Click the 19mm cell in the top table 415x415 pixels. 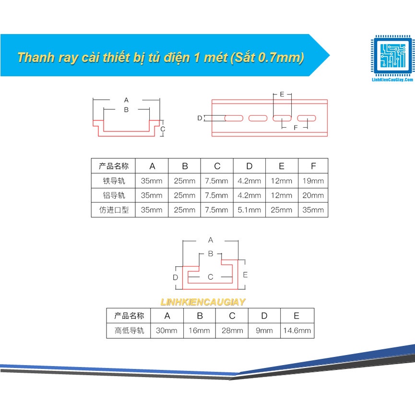click(313, 181)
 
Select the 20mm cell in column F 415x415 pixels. click(313, 196)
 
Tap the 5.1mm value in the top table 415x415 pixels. click(249, 210)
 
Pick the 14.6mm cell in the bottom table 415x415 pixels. click(297, 331)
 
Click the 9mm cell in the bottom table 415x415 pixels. click(264, 331)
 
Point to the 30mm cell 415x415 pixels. click(167, 331)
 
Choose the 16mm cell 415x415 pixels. click(199, 331)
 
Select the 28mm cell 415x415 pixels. click(232, 331)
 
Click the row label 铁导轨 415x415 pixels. click(114, 181)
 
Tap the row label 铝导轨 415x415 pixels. click(114, 196)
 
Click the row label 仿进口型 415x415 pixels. click(114, 210)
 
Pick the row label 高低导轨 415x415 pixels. click(129, 331)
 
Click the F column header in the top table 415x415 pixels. click(313, 166)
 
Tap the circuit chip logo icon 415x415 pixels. click(392, 56)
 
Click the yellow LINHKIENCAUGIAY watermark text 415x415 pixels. click(203, 302)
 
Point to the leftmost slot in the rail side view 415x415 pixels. click(234, 118)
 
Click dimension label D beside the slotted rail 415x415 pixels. click(200, 118)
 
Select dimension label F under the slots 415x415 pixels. click(296, 128)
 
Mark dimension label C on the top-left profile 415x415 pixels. click(163, 129)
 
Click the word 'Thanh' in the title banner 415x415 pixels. click(36, 58)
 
